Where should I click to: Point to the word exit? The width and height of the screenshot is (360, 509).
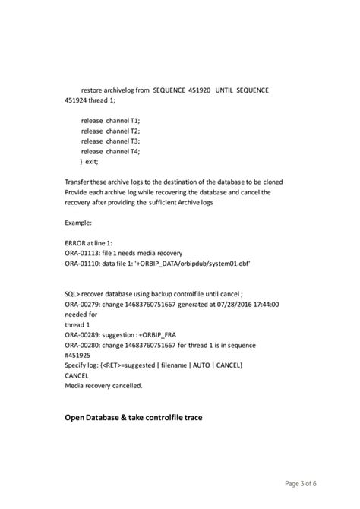coord(92,162)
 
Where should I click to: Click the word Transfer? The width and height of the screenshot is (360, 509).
coord(80,182)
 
